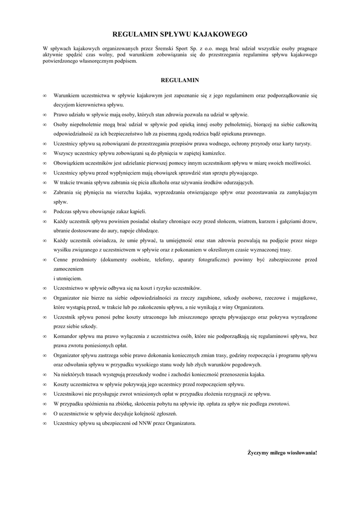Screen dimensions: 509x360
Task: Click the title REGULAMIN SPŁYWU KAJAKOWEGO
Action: (180, 34)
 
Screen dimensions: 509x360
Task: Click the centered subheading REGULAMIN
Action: (180, 79)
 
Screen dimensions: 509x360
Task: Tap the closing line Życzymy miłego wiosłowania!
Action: (282, 453)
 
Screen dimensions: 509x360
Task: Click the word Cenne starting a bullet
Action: (61, 259)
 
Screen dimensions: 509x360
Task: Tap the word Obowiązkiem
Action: (70, 163)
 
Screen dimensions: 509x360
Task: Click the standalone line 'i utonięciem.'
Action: (68, 278)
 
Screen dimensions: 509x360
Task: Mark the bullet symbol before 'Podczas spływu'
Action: (45, 211)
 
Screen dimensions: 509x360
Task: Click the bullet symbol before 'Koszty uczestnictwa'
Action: (45, 384)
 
